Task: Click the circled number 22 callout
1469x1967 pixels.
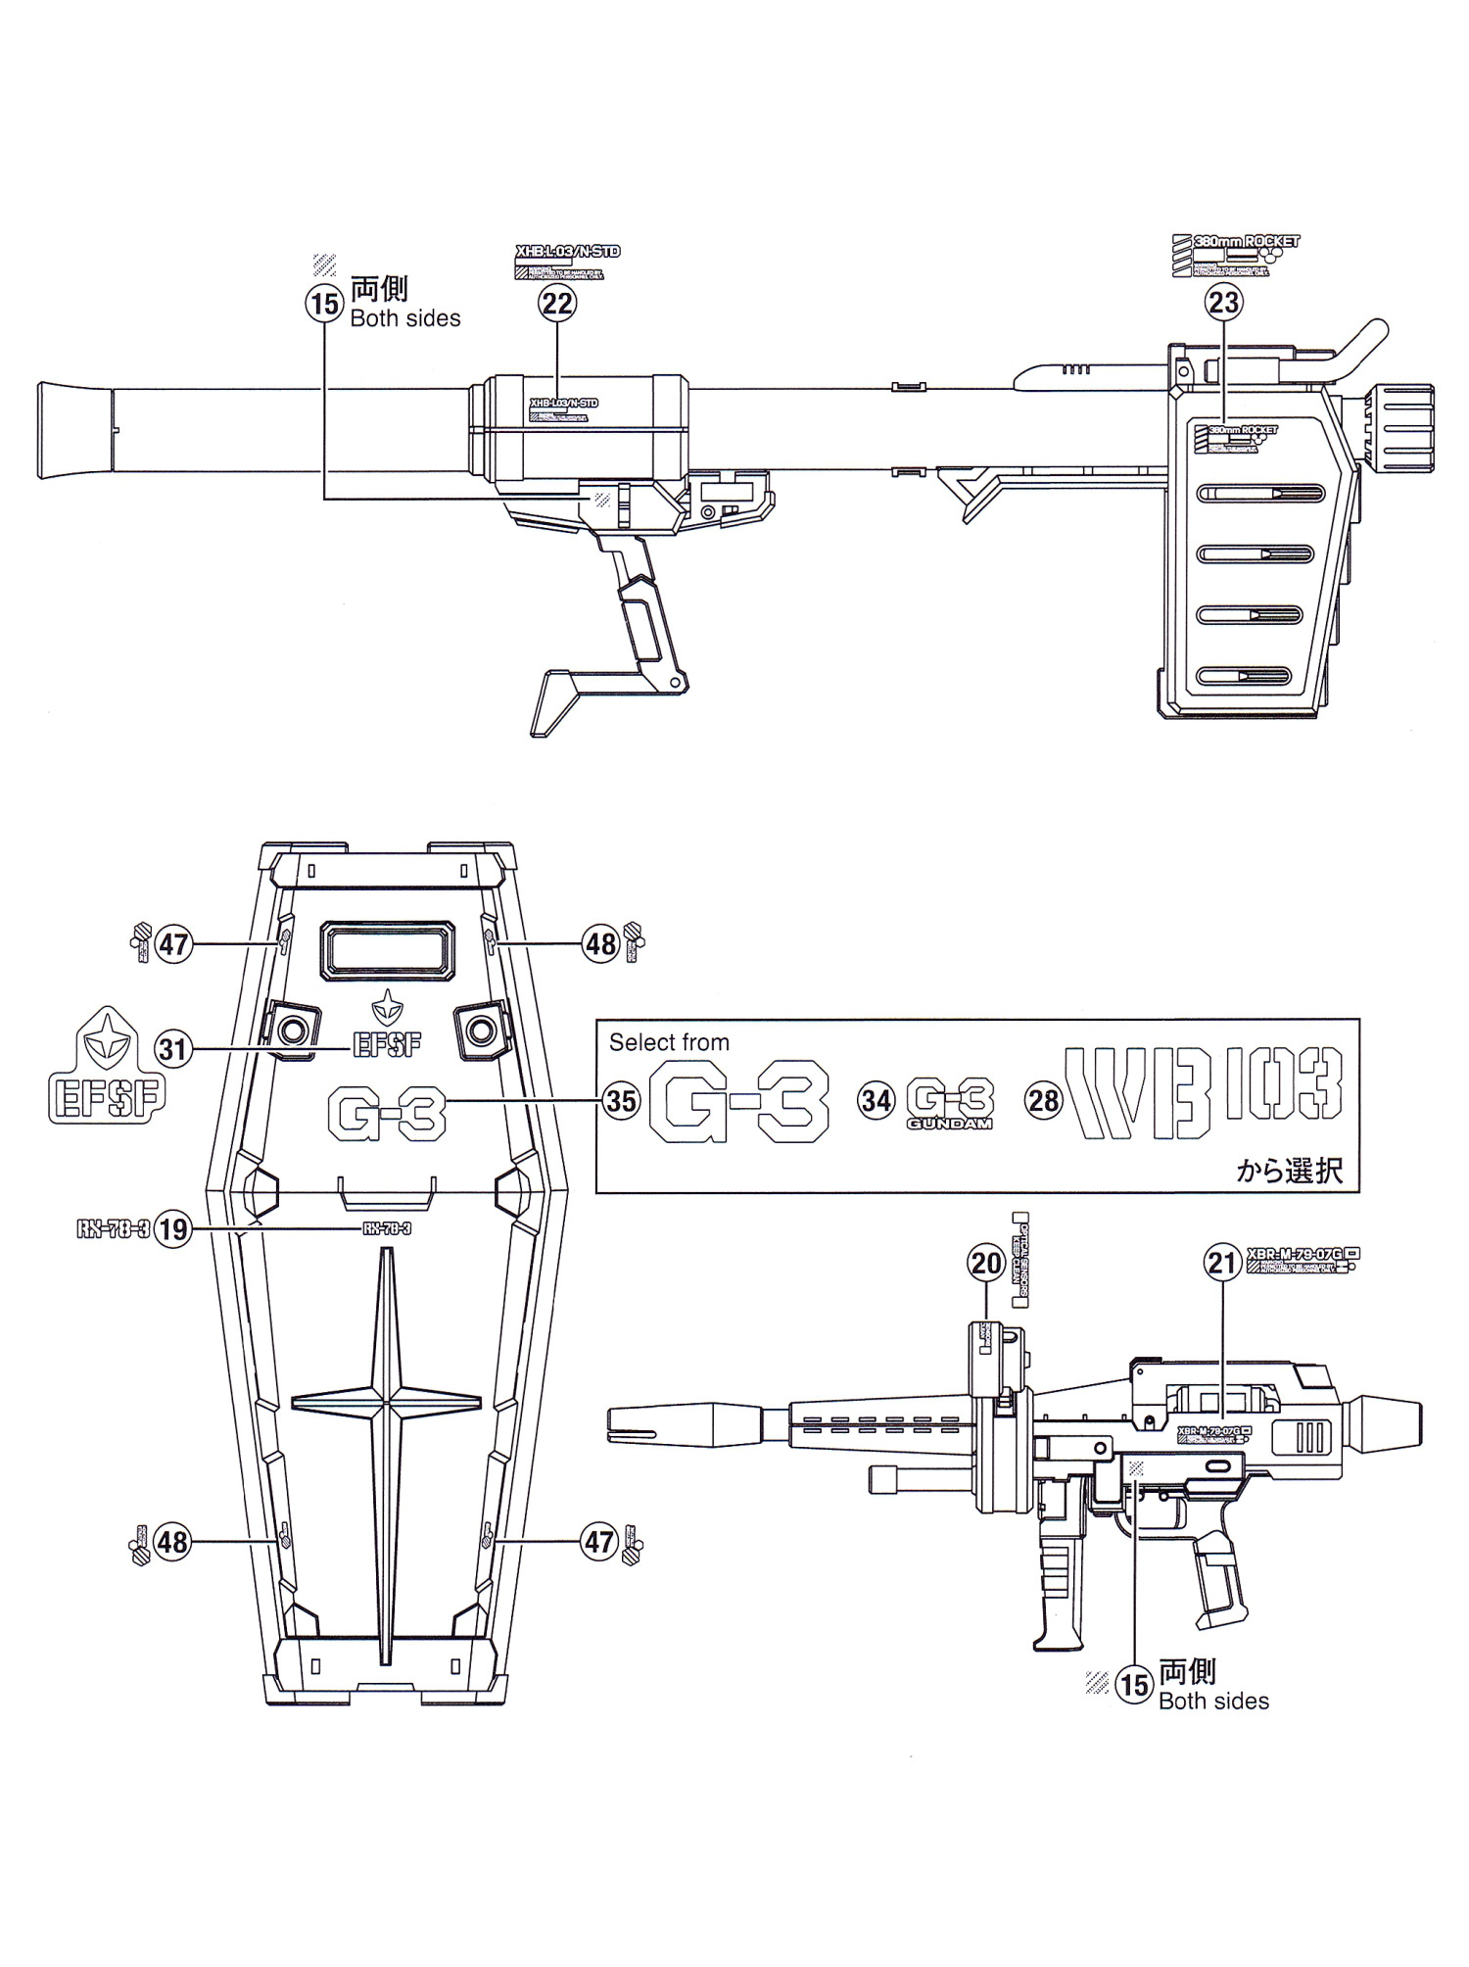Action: pyautogui.click(x=557, y=304)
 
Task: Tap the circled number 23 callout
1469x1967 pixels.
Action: pyautogui.click(x=1224, y=303)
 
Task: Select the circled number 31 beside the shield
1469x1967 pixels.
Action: pyautogui.click(x=172, y=1049)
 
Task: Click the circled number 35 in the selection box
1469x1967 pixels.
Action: pyautogui.click(x=622, y=1100)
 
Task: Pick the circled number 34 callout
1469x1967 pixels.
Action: pyautogui.click(x=877, y=1100)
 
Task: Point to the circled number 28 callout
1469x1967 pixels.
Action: pyautogui.click(x=1044, y=1100)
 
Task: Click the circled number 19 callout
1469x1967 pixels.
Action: pyautogui.click(x=173, y=1229)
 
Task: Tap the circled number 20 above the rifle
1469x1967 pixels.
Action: pyautogui.click(x=986, y=1263)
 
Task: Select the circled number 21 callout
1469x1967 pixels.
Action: pyautogui.click(x=1222, y=1263)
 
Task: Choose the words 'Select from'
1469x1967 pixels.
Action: pyautogui.click(x=669, y=1042)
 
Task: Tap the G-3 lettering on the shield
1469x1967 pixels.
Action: pyautogui.click(x=386, y=1115)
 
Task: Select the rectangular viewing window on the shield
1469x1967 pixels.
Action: pyautogui.click(x=390, y=949)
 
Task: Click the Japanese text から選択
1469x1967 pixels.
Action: pyautogui.click(x=1289, y=1170)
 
